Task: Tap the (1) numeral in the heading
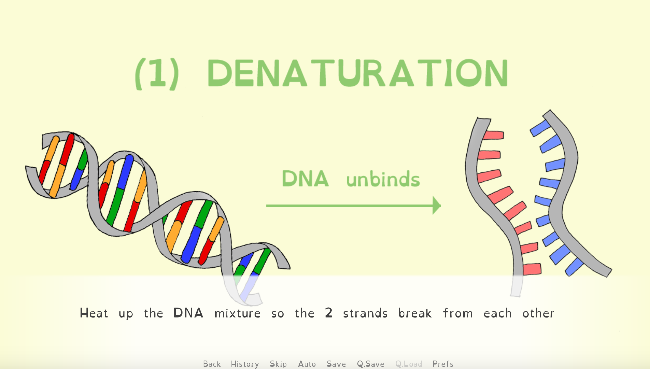[157, 74]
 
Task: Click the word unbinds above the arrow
[383, 179]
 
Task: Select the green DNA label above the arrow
[305, 179]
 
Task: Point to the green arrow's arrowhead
[436, 206]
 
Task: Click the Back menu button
[212, 364]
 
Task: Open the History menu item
[245, 364]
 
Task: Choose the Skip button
[278, 364]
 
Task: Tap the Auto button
[307, 364]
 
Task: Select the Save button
[336, 364]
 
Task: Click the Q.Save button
[371, 364]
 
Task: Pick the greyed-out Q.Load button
[409, 364]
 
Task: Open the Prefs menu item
[443, 364]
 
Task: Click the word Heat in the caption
[94, 313]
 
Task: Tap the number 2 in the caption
[329, 313]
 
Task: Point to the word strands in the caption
[365, 313]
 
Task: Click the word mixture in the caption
[237, 313]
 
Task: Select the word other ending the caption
[538, 313]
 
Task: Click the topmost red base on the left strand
[494, 135]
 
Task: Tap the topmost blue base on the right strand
[540, 128]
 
